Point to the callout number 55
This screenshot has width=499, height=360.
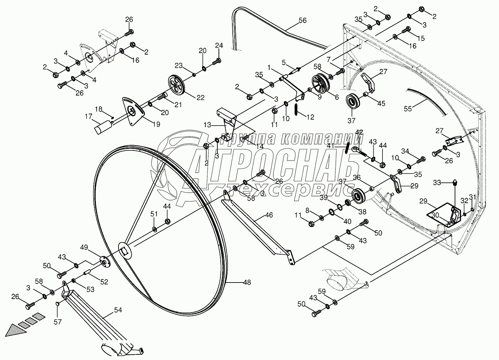click(408, 109)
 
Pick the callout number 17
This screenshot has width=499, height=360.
click(88, 117)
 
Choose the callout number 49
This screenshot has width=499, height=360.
click(84, 247)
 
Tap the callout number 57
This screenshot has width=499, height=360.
click(58, 322)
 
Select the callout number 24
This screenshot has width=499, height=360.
click(219, 46)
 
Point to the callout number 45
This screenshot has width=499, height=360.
click(381, 103)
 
